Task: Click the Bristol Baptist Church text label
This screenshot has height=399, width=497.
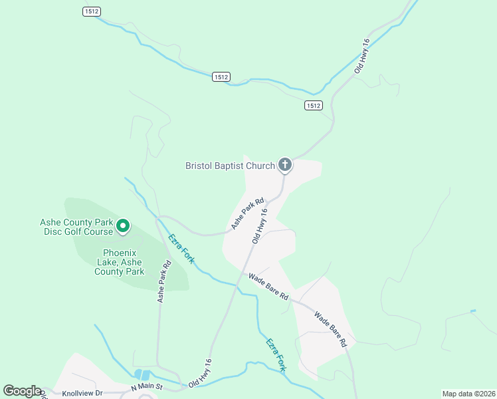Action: pos(229,166)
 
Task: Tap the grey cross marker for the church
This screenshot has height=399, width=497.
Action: pos(284,164)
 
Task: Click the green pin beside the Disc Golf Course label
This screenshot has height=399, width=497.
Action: pos(123,226)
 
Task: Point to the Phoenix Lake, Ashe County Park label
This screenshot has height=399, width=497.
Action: pos(120,262)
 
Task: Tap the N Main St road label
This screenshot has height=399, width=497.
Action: pos(147,387)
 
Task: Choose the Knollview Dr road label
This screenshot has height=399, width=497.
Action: pos(82,393)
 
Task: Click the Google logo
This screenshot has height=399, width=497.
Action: pos(22,391)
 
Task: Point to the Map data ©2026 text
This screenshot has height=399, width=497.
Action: pos(468,393)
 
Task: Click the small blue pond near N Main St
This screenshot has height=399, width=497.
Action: pos(142,375)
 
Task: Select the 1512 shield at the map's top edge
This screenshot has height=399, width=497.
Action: pos(92,11)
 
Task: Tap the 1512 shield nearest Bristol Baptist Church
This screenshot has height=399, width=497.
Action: pos(314,105)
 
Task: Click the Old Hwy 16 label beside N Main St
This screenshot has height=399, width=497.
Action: pos(200,374)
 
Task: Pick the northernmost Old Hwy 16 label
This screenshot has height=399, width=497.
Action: pos(362,55)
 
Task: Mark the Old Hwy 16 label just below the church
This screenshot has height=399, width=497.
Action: pos(260,226)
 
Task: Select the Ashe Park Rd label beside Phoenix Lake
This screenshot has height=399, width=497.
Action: pos(164,281)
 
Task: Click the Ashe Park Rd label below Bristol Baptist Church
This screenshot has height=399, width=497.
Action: pos(248,213)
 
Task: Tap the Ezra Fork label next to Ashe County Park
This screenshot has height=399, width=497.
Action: pos(181,249)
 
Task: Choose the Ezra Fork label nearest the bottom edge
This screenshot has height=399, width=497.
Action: pos(276,354)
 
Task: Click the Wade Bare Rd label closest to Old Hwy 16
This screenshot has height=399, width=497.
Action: pos(268,286)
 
